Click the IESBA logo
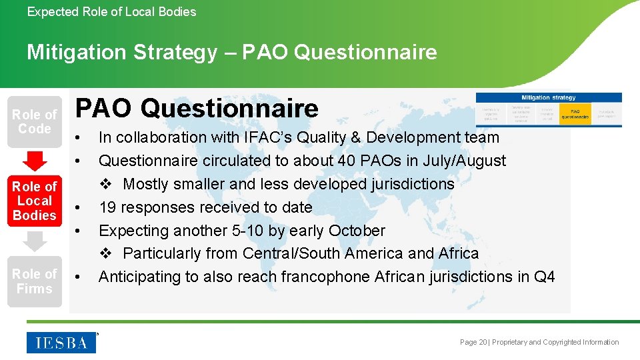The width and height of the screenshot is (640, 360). (61, 342)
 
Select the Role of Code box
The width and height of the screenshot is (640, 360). (34, 121)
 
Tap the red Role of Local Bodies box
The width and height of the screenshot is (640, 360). (34, 201)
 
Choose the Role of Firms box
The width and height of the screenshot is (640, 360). (34, 281)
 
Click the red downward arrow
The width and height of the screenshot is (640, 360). (34, 161)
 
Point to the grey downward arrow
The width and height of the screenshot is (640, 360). (34, 241)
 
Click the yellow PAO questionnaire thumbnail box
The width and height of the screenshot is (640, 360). (575, 113)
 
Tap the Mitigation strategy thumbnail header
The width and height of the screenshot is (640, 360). (548, 97)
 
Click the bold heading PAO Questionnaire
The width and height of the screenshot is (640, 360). (197, 108)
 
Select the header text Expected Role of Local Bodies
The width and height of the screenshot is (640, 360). (111, 11)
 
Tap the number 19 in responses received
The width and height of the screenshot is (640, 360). (107, 207)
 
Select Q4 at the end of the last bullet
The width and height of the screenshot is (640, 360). (544, 277)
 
